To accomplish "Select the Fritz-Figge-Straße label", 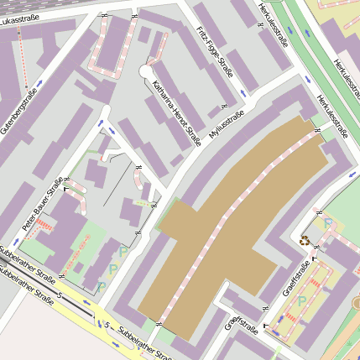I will point(213,50).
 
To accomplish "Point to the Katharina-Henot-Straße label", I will point(176,112).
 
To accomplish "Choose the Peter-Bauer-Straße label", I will point(43,204).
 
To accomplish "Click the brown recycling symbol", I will point(304,240).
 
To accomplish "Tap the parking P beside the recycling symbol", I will point(328,224).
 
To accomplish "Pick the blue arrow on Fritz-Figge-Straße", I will point(242,91).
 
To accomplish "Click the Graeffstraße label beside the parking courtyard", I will point(298,279).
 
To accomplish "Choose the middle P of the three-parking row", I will point(112,269).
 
